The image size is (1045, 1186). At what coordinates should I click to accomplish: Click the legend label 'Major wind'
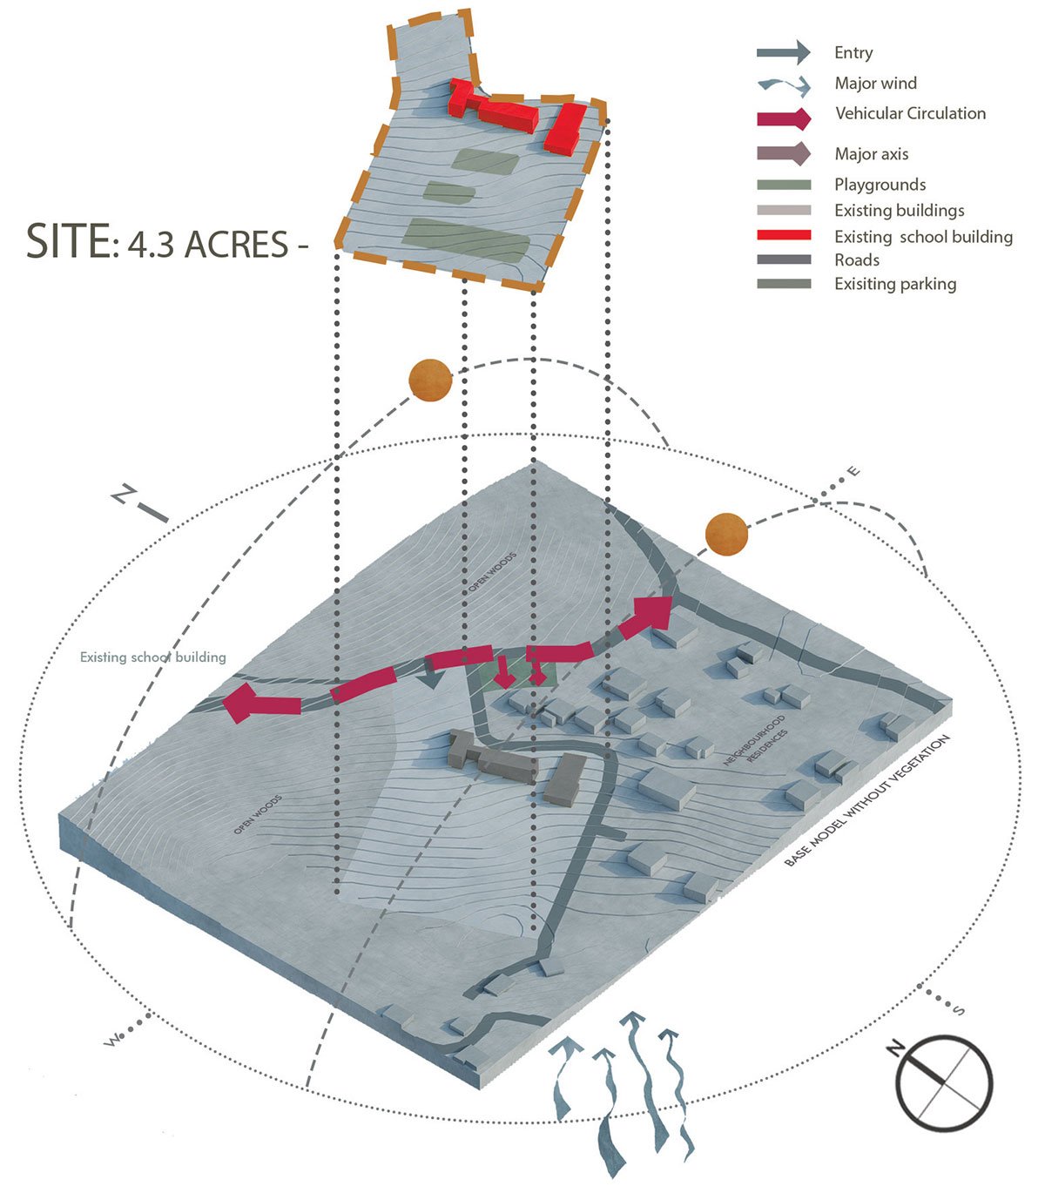point(875,83)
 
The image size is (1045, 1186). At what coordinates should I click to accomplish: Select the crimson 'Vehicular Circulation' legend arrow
point(783,118)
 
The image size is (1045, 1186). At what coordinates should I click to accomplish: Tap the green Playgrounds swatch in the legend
point(784,185)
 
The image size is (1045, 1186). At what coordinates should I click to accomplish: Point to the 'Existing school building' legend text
point(923,237)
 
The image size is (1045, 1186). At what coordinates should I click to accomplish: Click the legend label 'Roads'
point(857,259)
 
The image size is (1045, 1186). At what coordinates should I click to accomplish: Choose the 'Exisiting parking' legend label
point(895,284)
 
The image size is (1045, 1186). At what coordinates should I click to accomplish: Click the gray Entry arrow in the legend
point(783,53)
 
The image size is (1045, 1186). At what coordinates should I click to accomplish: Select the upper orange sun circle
point(430,380)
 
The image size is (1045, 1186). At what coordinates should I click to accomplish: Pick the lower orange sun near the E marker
point(726,534)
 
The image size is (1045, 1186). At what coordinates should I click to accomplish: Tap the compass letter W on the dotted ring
point(112,1040)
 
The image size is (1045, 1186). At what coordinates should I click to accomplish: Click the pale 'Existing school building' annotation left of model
point(152,657)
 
